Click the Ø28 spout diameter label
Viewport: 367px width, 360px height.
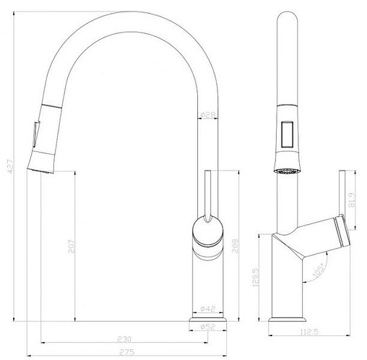[x=207, y=114]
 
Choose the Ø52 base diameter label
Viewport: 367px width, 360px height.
[x=208, y=327]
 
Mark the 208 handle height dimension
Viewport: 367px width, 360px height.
[x=238, y=246]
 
